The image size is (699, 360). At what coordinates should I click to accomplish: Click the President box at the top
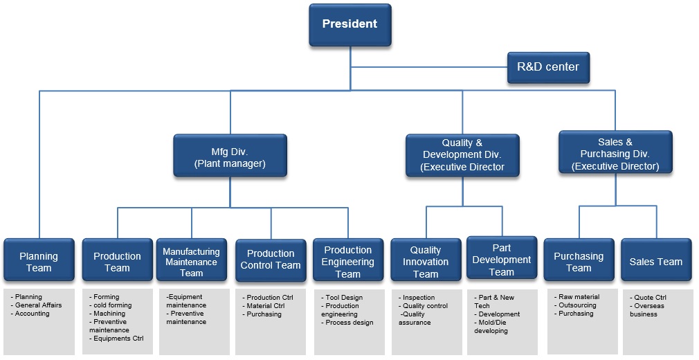[349, 24]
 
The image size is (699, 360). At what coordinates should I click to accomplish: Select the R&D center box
[548, 67]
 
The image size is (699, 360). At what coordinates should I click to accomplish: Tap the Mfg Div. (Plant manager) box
[230, 157]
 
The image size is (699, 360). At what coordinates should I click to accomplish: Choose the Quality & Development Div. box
[462, 155]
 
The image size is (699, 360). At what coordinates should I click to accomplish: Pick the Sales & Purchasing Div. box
[615, 154]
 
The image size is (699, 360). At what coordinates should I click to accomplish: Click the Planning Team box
[39, 261]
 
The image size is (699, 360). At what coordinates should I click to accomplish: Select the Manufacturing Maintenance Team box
[192, 262]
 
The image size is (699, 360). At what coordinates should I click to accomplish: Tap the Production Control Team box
[271, 260]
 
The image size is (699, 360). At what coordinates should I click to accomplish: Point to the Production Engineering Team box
[348, 262]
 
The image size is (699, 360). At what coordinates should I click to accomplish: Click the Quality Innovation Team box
[426, 262]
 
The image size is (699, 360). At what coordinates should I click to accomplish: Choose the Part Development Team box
[502, 260]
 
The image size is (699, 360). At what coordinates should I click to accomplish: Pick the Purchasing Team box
[579, 261]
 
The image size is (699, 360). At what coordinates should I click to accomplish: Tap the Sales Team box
[655, 262]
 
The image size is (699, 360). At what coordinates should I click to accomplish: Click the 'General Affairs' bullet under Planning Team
[38, 305]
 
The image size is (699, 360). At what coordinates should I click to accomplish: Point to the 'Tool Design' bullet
[343, 298]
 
